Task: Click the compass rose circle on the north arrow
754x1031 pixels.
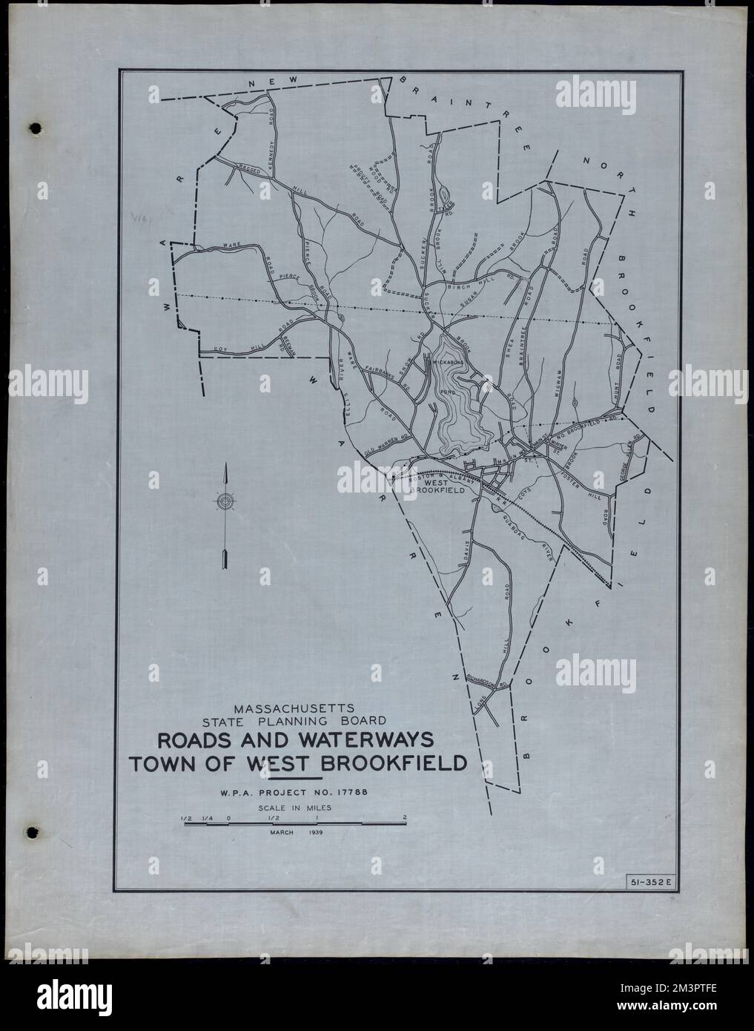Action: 224,502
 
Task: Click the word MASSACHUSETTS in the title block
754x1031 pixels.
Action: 295,706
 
